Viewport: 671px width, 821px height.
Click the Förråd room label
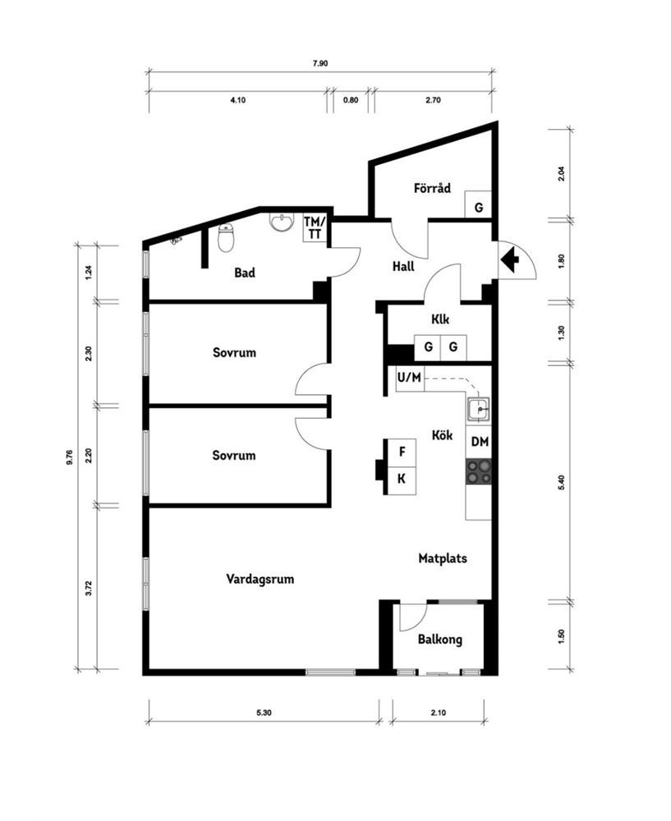pos(432,188)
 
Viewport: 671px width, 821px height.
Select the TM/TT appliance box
pos(315,227)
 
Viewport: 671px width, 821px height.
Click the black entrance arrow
pos(510,259)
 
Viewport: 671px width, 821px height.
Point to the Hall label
pos(403,267)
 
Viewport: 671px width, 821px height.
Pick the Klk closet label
pos(440,319)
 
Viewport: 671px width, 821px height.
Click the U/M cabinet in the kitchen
pos(410,378)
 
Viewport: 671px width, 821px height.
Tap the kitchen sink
pos(479,408)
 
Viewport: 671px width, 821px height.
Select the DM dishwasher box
pos(480,442)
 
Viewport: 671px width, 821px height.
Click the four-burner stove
pos(479,471)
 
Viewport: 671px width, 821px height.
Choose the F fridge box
pos(402,452)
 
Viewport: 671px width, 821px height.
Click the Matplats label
pos(443,558)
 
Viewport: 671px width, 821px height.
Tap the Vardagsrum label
pos(260,580)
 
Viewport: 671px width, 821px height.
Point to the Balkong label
pos(440,640)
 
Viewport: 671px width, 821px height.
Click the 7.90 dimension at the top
pos(320,64)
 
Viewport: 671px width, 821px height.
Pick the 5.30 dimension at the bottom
pos(264,713)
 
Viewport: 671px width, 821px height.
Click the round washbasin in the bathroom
pos(281,222)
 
